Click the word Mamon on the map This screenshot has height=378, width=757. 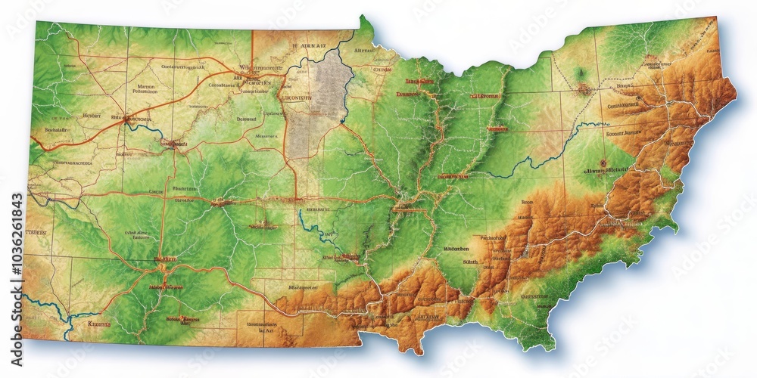tap(146, 88)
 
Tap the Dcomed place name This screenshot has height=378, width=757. tap(247, 119)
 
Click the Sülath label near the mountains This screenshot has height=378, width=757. tap(469, 261)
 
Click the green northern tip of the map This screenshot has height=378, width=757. tap(365, 19)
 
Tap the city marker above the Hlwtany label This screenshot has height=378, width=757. tap(602, 161)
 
